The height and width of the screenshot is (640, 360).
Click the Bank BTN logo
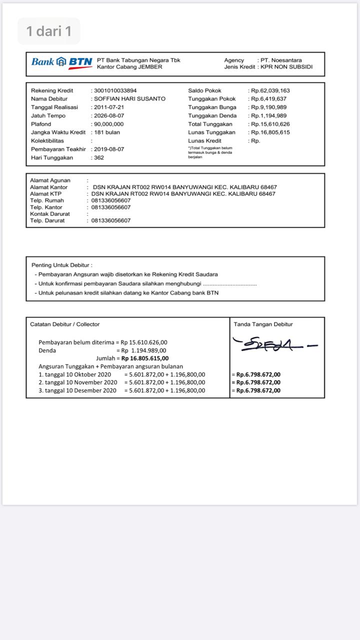click(61, 62)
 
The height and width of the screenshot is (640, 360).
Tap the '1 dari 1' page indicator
click(49, 31)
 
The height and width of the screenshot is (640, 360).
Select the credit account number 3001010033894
click(115, 90)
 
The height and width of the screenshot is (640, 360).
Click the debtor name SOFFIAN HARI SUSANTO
click(129, 99)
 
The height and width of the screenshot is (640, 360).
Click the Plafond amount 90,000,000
click(108, 124)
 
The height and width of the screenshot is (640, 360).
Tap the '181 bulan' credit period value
click(107, 132)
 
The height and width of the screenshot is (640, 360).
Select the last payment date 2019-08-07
click(108, 149)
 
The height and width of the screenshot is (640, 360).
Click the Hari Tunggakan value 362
click(99, 157)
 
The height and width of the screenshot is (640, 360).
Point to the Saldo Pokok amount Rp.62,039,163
click(270, 90)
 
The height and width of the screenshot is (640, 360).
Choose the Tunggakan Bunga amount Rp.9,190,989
click(269, 107)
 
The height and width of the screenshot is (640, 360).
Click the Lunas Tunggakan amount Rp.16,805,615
click(270, 132)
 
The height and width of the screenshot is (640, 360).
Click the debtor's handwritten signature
click(272, 344)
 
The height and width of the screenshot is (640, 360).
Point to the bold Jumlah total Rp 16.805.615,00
click(145, 358)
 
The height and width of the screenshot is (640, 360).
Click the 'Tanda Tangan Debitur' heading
click(263, 324)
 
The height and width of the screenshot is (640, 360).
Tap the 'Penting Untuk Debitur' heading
click(62, 265)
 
